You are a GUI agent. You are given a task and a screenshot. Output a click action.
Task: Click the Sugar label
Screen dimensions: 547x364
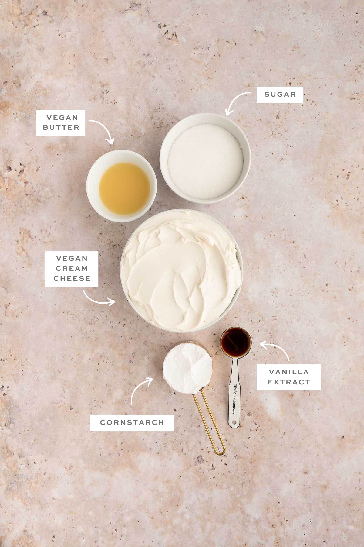280,94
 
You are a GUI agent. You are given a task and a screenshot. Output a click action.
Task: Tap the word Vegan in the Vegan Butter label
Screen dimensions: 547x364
62,118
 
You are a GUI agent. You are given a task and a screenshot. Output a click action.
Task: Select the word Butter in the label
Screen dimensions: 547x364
61,127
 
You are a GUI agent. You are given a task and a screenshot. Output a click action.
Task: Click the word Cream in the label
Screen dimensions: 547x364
72,268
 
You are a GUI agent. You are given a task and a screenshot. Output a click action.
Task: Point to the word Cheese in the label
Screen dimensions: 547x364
72,278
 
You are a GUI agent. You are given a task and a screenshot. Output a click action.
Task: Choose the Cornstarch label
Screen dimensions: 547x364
132,422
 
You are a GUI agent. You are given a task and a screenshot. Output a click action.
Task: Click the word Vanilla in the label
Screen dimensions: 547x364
289,372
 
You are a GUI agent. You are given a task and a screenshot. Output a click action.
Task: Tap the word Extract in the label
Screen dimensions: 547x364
289,382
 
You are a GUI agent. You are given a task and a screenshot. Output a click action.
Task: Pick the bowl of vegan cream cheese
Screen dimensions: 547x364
181,270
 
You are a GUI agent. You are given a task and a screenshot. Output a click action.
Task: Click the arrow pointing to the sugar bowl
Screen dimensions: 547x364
237,102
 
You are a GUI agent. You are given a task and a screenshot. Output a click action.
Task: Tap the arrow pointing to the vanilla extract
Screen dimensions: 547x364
276,349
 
